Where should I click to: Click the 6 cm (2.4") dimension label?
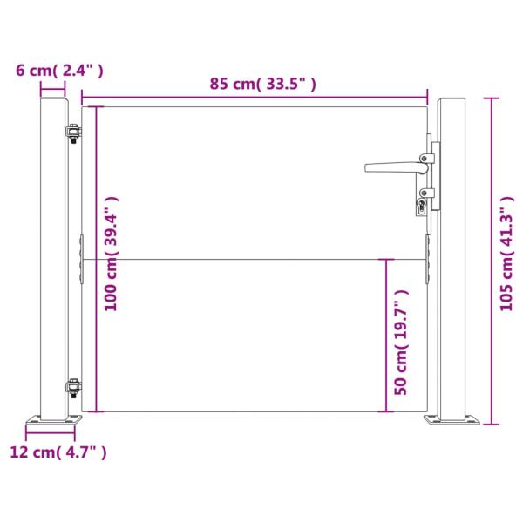[x=59, y=71]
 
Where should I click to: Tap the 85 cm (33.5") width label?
[x=262, y=84]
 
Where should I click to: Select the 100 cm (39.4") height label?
[x=111, y=254]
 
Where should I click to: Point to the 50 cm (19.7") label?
[x=401, y=343]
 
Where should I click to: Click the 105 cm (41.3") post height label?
[x=506, y=254]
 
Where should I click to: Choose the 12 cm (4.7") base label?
[x=58, y=452]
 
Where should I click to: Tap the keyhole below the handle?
[x=421, y=205]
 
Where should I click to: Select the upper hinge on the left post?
[x=73, y=133]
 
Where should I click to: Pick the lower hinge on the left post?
[x=73, y=388]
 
